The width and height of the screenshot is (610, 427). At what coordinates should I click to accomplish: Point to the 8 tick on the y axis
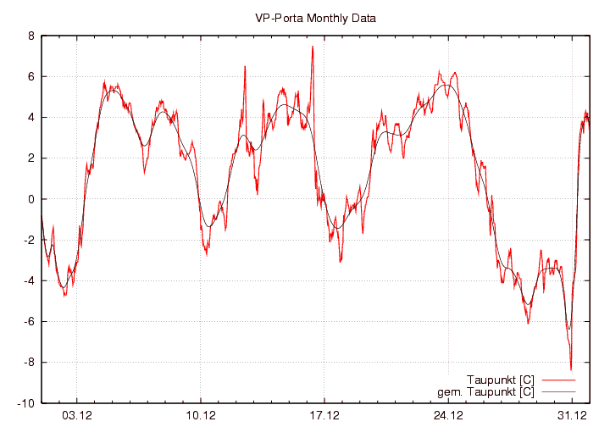(30, 36)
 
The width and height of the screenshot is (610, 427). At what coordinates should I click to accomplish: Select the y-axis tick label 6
(30, 77)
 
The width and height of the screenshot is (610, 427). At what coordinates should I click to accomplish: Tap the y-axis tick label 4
(30, 118)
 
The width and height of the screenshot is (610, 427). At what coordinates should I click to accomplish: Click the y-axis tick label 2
(30, 158)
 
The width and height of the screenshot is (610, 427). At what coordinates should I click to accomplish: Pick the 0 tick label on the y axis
(30, 199)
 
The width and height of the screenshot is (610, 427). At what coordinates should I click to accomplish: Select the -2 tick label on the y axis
(29, 240)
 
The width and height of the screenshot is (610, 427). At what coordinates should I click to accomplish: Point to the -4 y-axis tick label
(29, 280)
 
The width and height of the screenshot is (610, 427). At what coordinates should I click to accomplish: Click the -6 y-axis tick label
(29, 321)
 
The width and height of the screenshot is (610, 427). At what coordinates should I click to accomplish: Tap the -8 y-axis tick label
(29, 362)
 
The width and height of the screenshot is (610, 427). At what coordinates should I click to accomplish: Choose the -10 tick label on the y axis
(25, 402)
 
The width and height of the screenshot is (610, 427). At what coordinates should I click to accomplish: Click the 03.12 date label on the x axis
(77, 415)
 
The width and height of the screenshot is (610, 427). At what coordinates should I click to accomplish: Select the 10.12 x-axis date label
(201, 415)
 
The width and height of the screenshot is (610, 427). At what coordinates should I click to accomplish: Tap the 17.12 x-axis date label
(324, 415)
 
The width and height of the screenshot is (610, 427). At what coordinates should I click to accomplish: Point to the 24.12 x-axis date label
(448, 415)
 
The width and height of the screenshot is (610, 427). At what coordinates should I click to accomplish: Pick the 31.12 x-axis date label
(572, 415)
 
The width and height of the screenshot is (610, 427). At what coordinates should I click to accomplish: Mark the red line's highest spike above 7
(313, 47)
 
